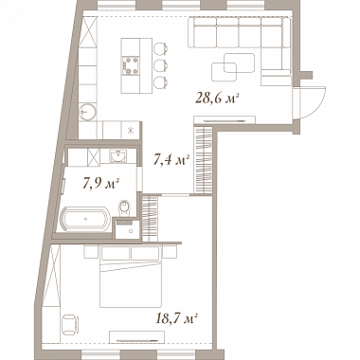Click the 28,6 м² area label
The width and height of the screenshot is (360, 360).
pyautogui.click(x=216, y=99)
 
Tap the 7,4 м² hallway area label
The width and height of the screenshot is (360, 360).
pyautogui.click(x=171, y=160)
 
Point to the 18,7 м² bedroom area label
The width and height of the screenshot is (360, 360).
pyautogui.click(x=177, y=318)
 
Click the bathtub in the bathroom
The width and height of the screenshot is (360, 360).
pyautogui.click(x=85, y=218)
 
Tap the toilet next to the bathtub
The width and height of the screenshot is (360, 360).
pyautogui.click(x=124, y=207)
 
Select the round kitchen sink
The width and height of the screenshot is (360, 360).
pyautogui.click(x=88, y=112)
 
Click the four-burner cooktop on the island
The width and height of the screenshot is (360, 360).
pyautogui.click(x=131, y=65)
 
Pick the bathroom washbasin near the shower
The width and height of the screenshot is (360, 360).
pyautogui.click(x=117, y=156)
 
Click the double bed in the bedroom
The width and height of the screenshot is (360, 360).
pyautogui.click(x=131, y=277)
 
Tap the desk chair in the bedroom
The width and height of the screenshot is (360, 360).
pyautogui.click(x=71, y=324)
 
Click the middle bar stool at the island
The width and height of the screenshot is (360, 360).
pyautogui.click(x=160, y=65)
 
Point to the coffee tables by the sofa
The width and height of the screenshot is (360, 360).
pyautogui.click(x=234, y=67)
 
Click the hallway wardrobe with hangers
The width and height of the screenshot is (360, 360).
pyautogui.click(x=203, y=159)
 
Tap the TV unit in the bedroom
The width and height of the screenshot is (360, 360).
pyautogui.click(x=136, y=337)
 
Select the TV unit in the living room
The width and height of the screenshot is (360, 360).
pyautogui.click(x=225, y=119)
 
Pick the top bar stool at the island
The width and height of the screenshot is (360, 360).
pyautogui.click(x=160, y=48)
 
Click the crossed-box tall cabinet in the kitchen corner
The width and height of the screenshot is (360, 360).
pyautogui.click(x=87, y=31)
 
